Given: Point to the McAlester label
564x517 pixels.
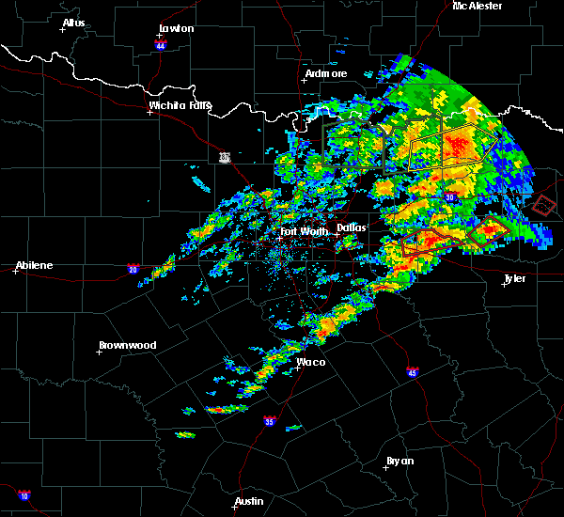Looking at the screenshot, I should click(x=478, y=6).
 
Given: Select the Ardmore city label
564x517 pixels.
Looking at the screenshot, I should click(x=326, y=73).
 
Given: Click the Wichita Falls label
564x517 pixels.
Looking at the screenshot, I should click(x=180, y=105).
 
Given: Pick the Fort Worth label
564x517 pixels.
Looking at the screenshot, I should click(x=303, y=231).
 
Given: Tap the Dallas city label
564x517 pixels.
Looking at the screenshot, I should click(x=352, y=227).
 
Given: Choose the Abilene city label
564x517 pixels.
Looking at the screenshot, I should click(x=34, y=265).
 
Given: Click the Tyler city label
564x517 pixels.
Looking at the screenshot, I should click(x=514, y=278).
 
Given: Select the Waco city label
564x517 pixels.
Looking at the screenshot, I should click(x=311, y=362).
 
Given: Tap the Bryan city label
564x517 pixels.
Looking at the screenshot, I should click(x=399, y=461).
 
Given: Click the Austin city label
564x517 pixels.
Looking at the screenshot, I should click(x=249, y=501).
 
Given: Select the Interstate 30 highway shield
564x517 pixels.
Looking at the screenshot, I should click(x=450, y=197).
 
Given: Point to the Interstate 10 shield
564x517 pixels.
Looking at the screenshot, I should click(x=23, y=494).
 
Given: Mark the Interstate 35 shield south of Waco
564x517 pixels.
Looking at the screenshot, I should click(x=270, y=420).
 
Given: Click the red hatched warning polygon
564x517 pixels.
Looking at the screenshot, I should click(x=544, y=203).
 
